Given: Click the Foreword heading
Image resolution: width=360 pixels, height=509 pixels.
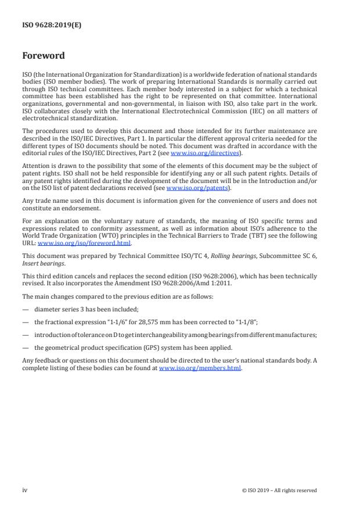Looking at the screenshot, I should [x=44, y=56].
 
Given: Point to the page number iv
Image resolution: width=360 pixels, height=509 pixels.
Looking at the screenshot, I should [x=25, y=490].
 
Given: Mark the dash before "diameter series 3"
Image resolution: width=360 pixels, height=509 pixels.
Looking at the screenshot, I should [x=25, y=309].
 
